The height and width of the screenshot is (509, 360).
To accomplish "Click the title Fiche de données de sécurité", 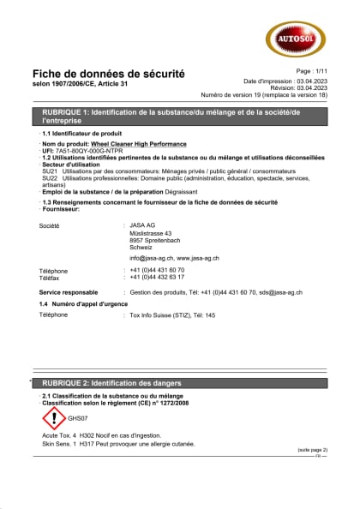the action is point(108,75).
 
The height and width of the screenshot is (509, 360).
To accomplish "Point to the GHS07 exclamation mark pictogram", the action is point(54,418).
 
